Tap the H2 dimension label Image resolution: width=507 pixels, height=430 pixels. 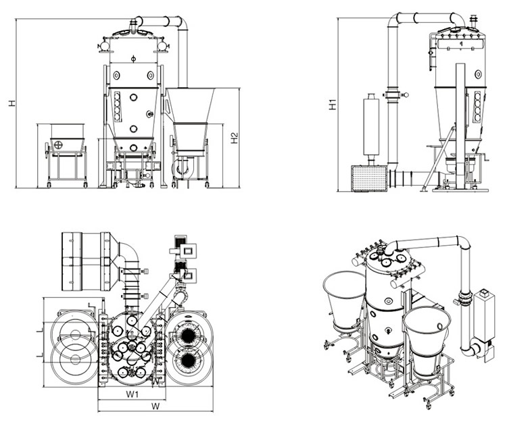click(x=234, y=138)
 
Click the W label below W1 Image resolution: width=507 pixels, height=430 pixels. click(x=155, y=406)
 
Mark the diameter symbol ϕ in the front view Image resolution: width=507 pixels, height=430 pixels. click(x=133, y=59)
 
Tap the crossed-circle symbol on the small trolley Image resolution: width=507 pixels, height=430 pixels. click(x=59, y=144)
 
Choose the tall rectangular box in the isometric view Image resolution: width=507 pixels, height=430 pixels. click(x=484, y=316)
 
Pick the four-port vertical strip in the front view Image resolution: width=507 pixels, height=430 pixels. click(x=118, y=105)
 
